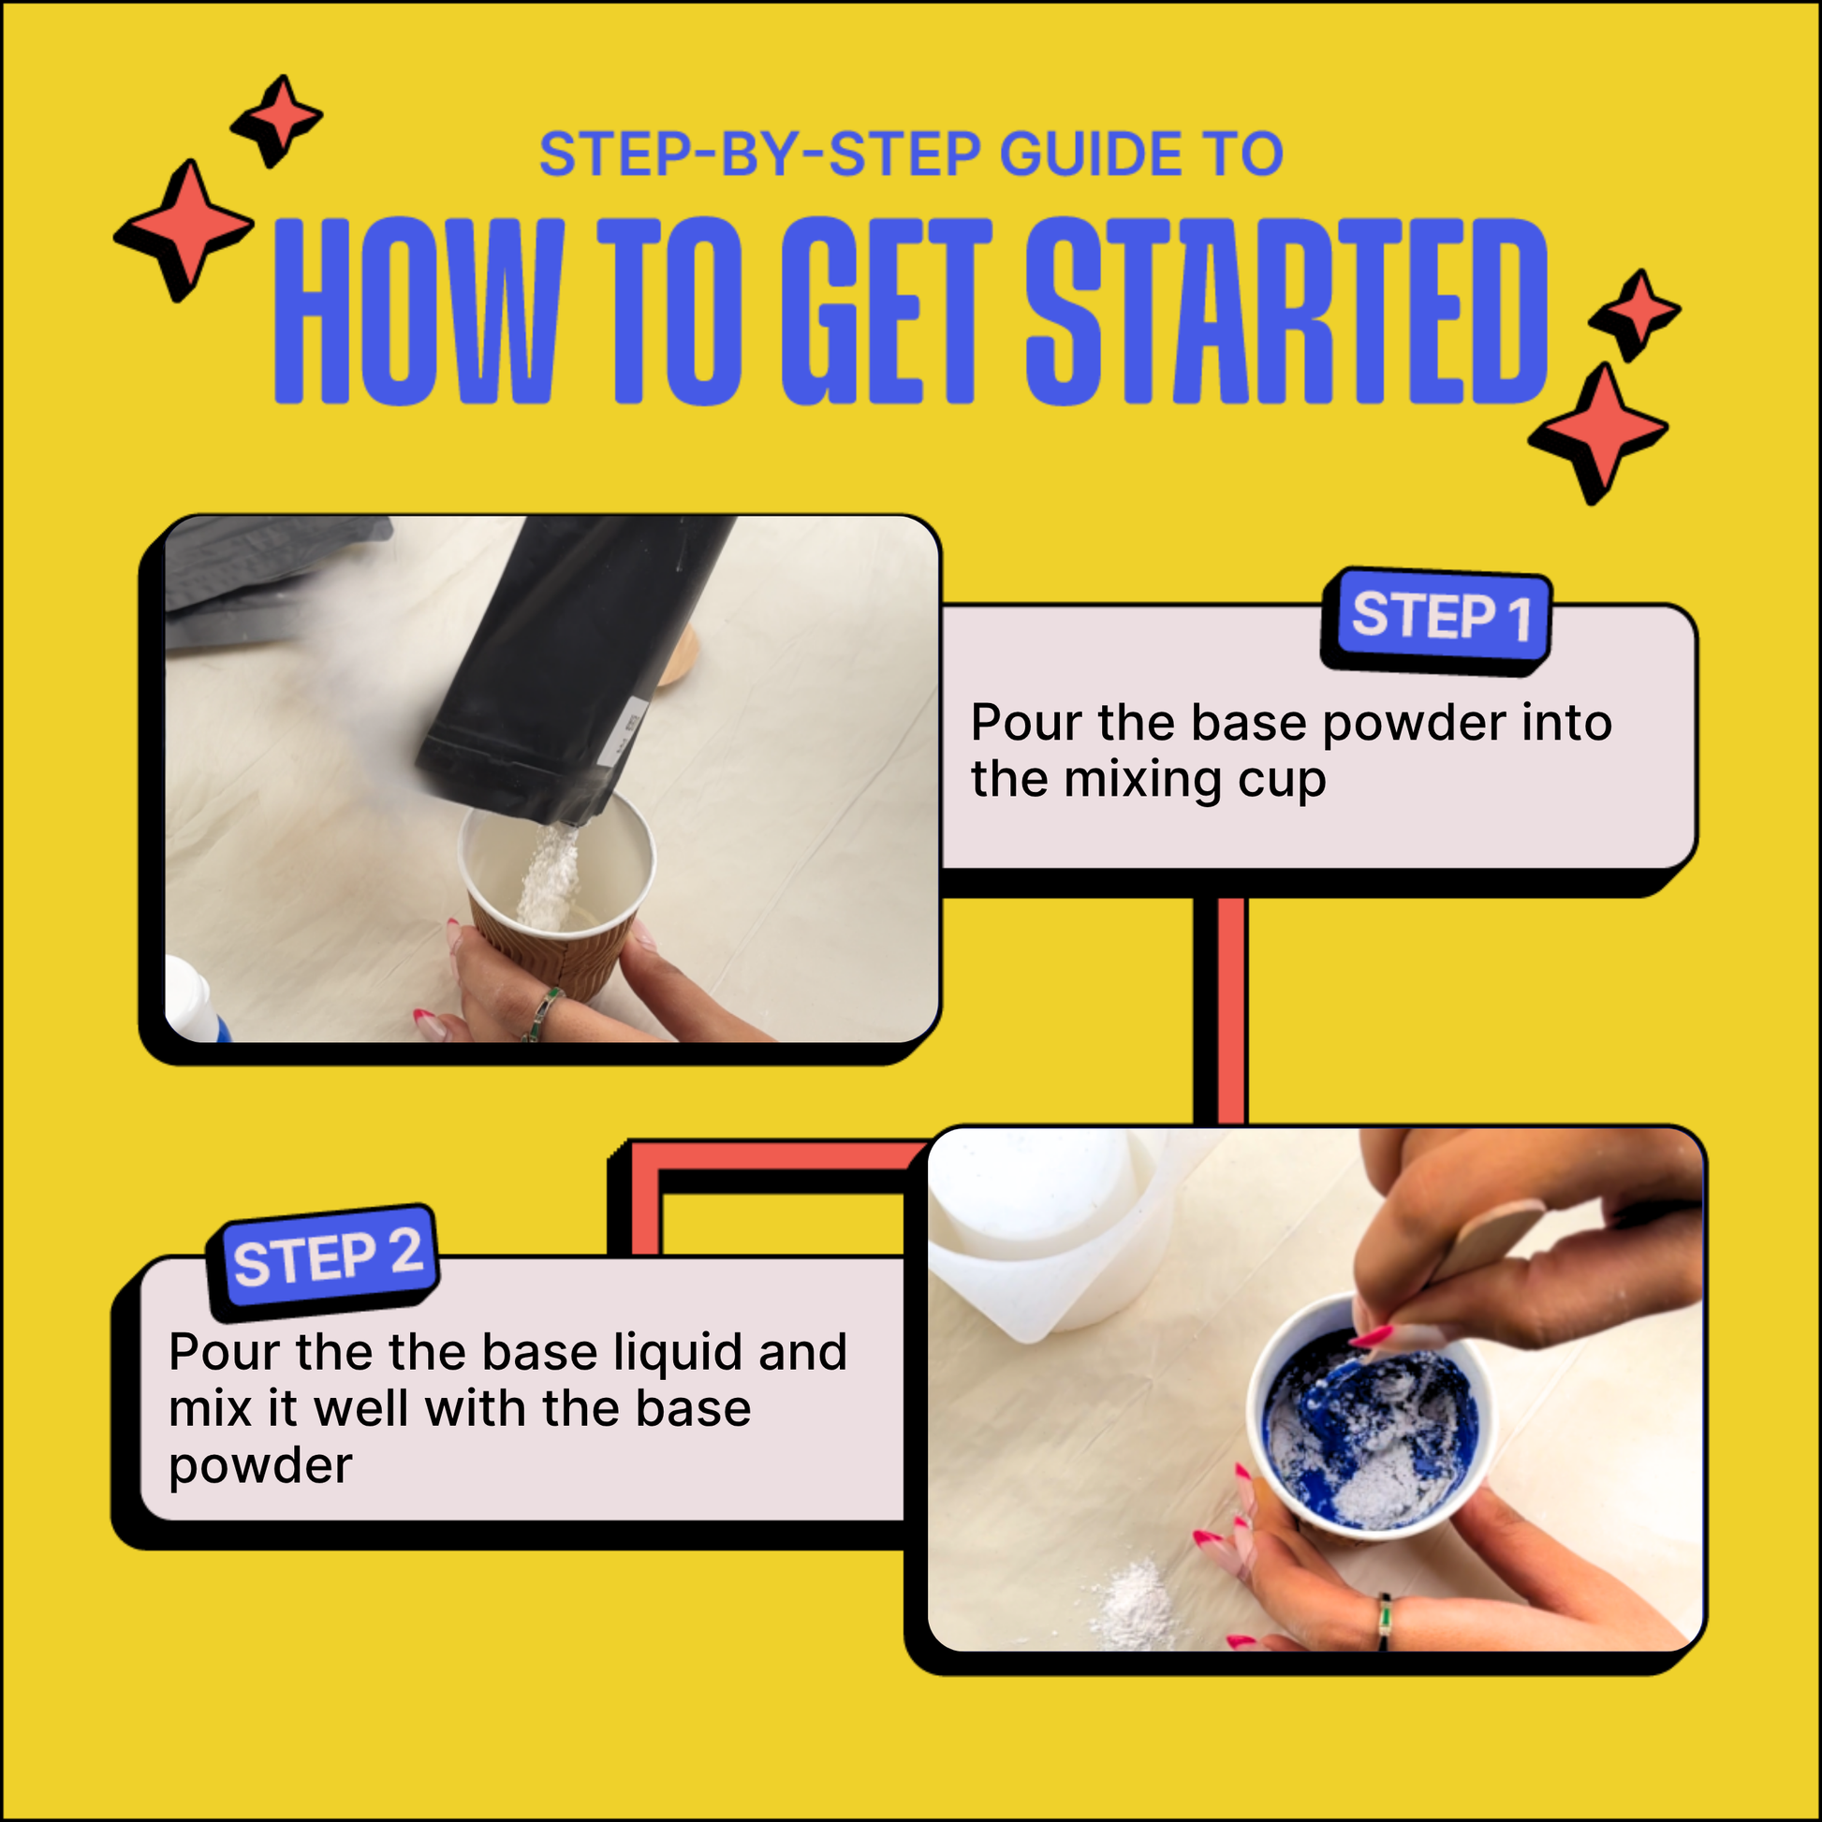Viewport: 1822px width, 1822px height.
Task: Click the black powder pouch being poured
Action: click(x=566, y=660)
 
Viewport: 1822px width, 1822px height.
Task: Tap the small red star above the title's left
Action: click(x=277, y=120)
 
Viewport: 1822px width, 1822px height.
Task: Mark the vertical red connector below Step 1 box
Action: click(x=1229, y=1009)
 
